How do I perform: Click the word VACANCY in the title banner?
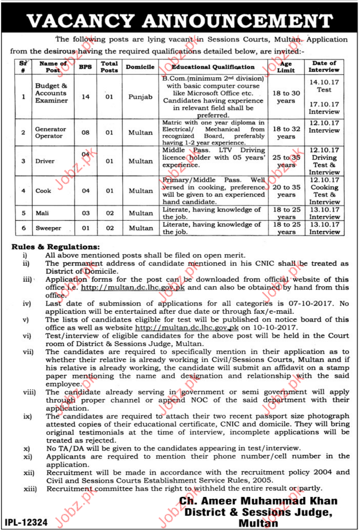click(80, 20)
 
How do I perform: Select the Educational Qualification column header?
click(213, 67)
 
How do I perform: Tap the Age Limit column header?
click(286, 67)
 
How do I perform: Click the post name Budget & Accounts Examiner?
click(51, 93)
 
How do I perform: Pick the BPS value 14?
click(85, 97)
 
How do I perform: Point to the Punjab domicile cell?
click(140, 97)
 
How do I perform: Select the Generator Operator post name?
click(50, 132)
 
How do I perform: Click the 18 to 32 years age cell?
click(286, 133)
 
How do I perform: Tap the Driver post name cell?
click(45, 161)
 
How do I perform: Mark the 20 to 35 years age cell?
click(286, 191)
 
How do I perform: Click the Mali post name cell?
click(42, 213)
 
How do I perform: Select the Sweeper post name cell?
click(47, 228)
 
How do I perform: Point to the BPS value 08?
click(85, 132)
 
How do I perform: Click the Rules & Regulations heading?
click(56, 247)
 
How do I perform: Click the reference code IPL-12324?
click(27, 522)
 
